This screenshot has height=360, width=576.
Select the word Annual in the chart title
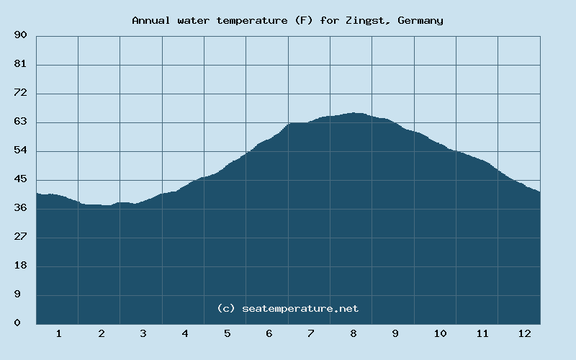coord(150,20)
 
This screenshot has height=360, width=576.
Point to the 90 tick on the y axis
coord(20,35)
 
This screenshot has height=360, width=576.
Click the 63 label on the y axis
coord(20,122)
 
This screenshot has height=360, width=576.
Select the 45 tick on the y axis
coord(20,179)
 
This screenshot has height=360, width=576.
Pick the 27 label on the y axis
coord(20,237)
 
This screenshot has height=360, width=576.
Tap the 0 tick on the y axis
coord(17,323)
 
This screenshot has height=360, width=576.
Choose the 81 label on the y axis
coord(20,64)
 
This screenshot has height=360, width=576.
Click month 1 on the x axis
coord(58,333)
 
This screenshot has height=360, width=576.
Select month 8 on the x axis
coord(353,333)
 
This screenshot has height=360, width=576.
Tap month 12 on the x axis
coord(524,333)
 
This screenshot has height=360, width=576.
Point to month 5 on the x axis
coord(227,333)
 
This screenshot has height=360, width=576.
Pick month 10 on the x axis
coord(440,333)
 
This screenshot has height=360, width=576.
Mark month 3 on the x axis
coord(143,333)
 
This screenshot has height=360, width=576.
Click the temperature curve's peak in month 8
coord(354,113)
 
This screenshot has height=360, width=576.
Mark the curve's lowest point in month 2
coord(107,206)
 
